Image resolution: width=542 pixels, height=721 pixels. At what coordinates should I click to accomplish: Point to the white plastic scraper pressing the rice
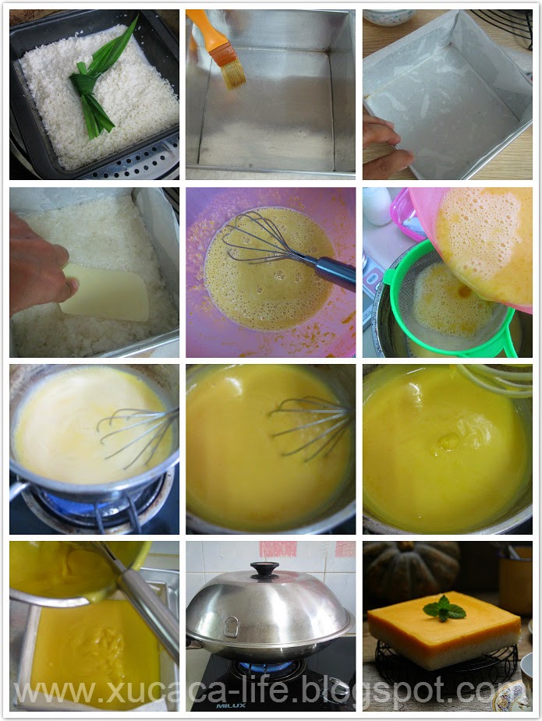107,293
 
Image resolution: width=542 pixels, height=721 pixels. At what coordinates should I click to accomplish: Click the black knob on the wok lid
264,570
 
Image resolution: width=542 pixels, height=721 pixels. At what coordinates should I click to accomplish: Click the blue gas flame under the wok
265,666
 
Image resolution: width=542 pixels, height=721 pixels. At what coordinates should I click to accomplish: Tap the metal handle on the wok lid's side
231,626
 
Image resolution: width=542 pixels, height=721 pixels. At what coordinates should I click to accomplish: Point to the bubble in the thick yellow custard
447,442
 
